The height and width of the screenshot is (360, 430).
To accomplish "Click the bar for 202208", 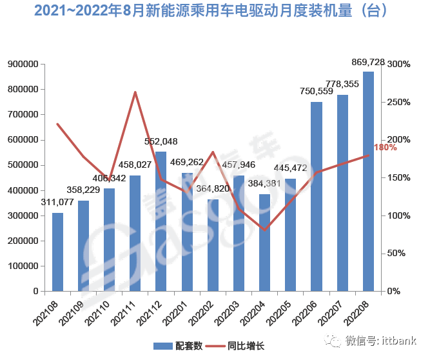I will (x=368, y=181).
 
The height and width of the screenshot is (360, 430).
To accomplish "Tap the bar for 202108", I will (x=58, y=252).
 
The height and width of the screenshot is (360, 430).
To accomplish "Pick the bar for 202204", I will (x=264, y=243).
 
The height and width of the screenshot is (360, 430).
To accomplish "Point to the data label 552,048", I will (x=161, y=142).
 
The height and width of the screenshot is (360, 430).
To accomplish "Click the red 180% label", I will (x=385, y=148).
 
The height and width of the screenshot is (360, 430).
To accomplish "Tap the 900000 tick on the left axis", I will (x=23, y=64).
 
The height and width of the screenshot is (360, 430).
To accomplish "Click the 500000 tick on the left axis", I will (x=23, y=165).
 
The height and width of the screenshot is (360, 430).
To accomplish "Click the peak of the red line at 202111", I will (x=135, y=92).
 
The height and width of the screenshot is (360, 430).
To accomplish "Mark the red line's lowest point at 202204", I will (x=264, y=230).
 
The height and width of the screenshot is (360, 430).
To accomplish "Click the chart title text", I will (x=215, y=11).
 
